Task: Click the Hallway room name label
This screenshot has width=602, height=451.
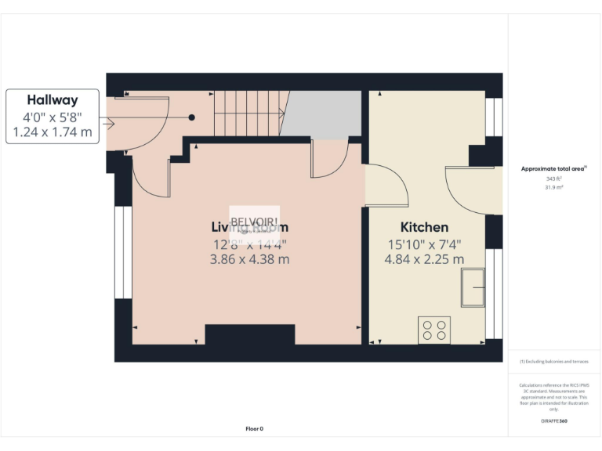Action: pos(53,100)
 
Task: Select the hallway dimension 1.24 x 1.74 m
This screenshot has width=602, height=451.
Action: pos(53,132)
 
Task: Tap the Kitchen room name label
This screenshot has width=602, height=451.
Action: pos(423,227)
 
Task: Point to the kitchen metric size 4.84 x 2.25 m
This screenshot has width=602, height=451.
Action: pos(423,259)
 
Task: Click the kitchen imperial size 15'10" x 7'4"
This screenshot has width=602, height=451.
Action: pos(423,244)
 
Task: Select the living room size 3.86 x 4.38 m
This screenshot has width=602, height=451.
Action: pos(249,259)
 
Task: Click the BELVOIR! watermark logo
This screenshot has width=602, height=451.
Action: pos(252,218)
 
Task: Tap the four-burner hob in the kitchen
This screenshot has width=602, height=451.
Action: pos(434,329)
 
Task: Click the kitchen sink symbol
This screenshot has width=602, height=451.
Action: pos(473,287)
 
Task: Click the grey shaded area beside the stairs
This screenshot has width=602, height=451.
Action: pos(321,114)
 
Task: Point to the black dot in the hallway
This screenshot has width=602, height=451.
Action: pos(191,117)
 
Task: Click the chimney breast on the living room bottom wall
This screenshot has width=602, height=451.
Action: pos(249,334)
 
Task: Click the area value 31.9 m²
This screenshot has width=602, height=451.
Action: pos(554,186)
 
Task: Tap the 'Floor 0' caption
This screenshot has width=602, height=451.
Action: pos(254,428)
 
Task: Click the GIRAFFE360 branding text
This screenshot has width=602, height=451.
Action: pos(554,421)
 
